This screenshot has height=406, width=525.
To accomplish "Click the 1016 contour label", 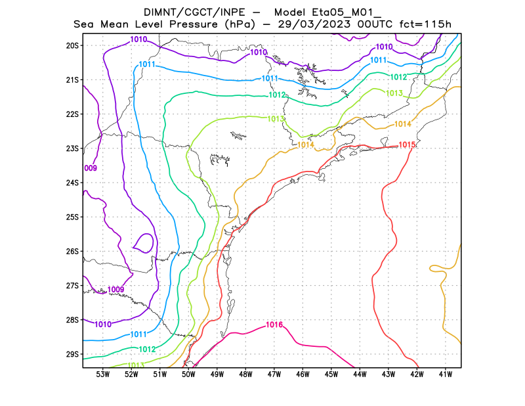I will (274, 325).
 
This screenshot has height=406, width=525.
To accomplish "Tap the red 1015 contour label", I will (407, 145).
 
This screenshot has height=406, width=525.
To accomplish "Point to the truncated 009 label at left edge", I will (91, 169).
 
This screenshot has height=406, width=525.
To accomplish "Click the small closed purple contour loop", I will (144, 242).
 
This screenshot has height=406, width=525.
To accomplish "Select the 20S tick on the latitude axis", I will (72, 45).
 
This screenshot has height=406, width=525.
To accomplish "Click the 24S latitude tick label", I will (72, 183).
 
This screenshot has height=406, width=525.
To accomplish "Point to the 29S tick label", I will (72, 354).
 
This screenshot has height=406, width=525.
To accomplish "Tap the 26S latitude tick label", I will (72, 251).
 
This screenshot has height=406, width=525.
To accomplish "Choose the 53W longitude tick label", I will (102, 374).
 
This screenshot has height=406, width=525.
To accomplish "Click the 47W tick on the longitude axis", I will (274, 374).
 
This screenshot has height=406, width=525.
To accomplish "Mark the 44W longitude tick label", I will (360, 374).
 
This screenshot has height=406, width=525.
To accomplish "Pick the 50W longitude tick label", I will (188, 374).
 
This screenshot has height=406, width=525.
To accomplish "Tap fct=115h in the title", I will (426, 24).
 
